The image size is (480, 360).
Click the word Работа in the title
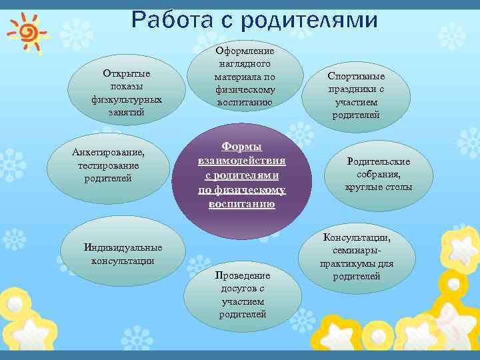pos(174,21)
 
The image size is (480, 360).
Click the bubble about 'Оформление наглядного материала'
pos(245,77)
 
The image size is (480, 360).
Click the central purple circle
pos(241,175)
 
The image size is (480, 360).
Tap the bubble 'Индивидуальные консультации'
pos(123,254)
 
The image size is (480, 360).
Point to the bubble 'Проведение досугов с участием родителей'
pos(243,294)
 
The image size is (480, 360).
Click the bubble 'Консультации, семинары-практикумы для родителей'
pos(357,257)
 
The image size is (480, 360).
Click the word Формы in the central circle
pos(241,147)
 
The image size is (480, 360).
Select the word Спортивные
pos(356,77)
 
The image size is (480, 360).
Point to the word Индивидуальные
pos(123,248)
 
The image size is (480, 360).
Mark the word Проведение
pos(243,275)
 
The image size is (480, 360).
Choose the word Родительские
pos(379,161)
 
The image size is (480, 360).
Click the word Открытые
pos(127,73)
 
